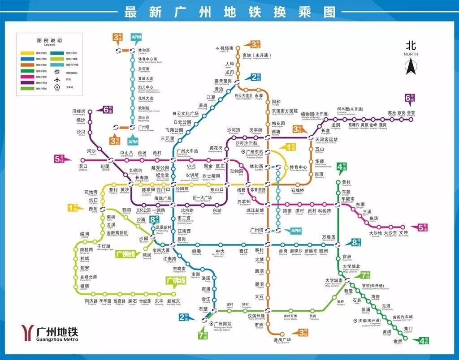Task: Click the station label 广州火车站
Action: pyautogui.click(x=187, y=152)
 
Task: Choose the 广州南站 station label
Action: pyautogui.click(x=223, y=324)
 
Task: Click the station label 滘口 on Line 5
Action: pyautogui.click(x=83, y=167)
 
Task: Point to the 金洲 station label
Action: pyautogui.click(x=398, y=341)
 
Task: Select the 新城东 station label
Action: pyautogui.click(x=173, y=302)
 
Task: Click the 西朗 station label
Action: pyautogui.click(x=92, y=209)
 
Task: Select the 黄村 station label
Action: pyautogui.click(x=346, y=183)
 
